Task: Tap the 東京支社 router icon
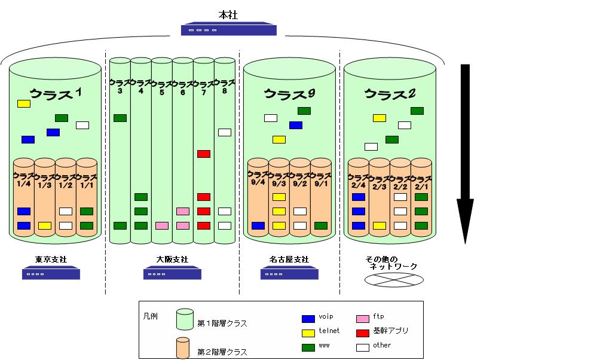tap(51, 274)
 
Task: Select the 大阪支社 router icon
tap(172, 274)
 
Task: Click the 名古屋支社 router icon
tap(289, 274)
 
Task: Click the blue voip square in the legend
tap(308, 318)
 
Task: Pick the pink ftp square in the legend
tap(362, 318)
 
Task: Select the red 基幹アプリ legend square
tap(362, 332)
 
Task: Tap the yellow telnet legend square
tap(308, 332)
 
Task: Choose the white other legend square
tap(362, 346)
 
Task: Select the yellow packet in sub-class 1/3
tap(45, 225)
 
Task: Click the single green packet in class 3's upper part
tap(120, 118)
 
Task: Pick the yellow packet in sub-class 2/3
tap(380, 225)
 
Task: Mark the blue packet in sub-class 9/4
tap(258, 225)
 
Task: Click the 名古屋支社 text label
tap(289, 260)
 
